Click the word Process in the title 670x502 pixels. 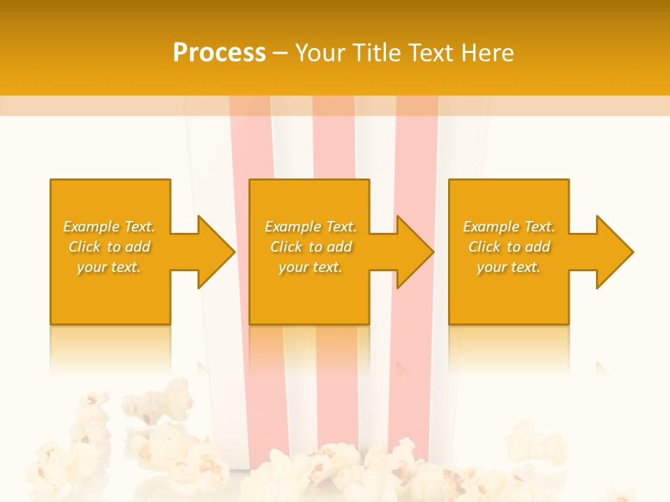pyautogui.click(x=219, y=53)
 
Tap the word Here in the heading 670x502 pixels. pyautogui.click(x=487, y=53)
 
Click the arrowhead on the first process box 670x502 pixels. pyautogui.click(x=214, y=252)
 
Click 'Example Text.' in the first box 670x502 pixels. pyautogui.click(x=109, y=227)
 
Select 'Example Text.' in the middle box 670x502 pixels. pyautogui.click(x=311, y=227)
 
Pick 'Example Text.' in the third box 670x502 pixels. pyautogui.click(x=509, y=227)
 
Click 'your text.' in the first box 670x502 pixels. pyautogui.click(x=109, y=267)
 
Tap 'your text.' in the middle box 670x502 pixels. pyautogui.click(x=311, y=267)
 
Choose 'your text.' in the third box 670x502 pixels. pyautogui.click(x=509, y=267)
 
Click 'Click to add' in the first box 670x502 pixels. pyautogui.click(x=109, y=247)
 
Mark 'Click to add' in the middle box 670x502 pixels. pyautogui.click(x=311, y=247)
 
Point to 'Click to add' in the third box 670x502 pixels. pyautogui.click(x=509, y=247)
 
